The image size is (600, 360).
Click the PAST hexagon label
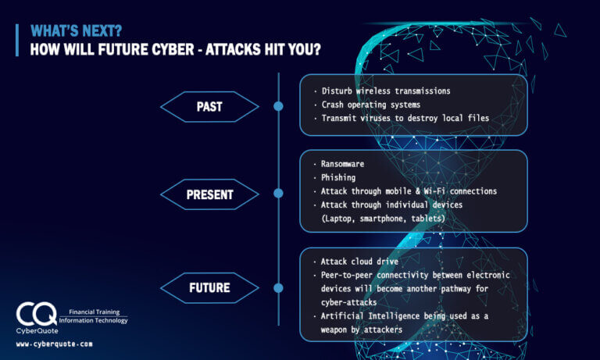click(x=209, y=106)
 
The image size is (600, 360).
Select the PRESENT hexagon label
click(x=209, y=195)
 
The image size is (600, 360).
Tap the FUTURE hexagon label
click(x=209, y=287)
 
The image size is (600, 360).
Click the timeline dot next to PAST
click(x=278, y=106)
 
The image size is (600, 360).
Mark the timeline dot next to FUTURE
click(x=278, y=287)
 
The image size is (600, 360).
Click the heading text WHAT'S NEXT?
click(x=77, y=31)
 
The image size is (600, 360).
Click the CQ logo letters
click(x=37, y=315)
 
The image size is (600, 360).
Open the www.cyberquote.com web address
click(x=54, y=344)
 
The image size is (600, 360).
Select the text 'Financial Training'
click(x=94, y=311)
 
